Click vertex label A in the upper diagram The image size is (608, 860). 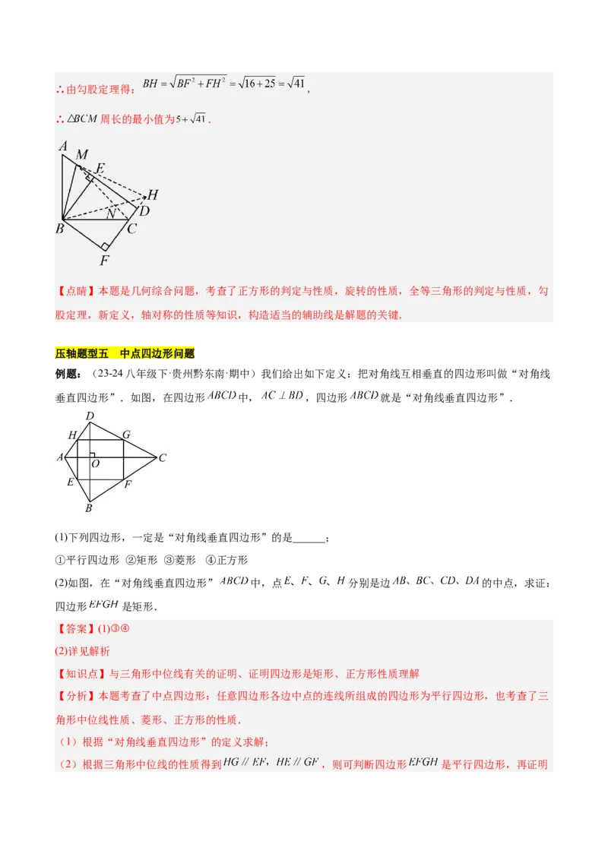coord(63,147)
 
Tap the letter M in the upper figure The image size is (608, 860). coord(82,155)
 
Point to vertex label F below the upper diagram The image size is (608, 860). coord(104,261)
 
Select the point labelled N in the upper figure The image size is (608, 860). coord(111,214)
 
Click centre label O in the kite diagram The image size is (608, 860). coord(95,463)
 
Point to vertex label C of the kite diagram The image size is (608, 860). coord(163,458)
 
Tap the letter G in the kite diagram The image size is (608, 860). coord(126,435)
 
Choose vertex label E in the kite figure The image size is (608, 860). coord(71,482)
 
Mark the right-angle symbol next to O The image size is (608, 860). coord(91,455)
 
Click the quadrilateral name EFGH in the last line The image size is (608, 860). coord(423,762)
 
